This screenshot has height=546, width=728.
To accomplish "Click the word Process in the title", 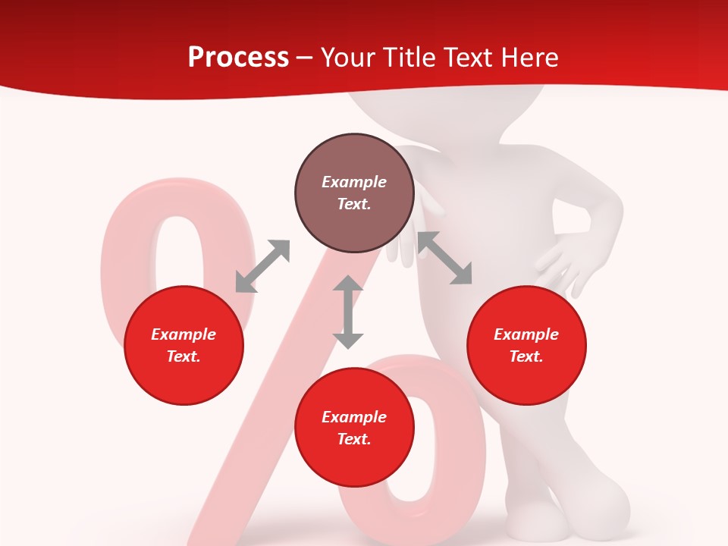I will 238,57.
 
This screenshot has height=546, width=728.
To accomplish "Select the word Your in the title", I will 348,57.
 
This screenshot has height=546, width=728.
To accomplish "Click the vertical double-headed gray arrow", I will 348,312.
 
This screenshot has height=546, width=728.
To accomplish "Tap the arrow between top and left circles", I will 262,265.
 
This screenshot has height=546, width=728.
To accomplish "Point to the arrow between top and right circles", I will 445,258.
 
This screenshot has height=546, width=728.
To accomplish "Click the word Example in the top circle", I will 354,182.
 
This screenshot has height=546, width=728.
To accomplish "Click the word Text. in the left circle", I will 184,356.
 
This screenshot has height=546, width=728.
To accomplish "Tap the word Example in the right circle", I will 526,334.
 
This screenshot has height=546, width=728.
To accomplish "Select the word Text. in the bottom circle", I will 354,439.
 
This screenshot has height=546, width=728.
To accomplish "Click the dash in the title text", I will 304,58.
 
